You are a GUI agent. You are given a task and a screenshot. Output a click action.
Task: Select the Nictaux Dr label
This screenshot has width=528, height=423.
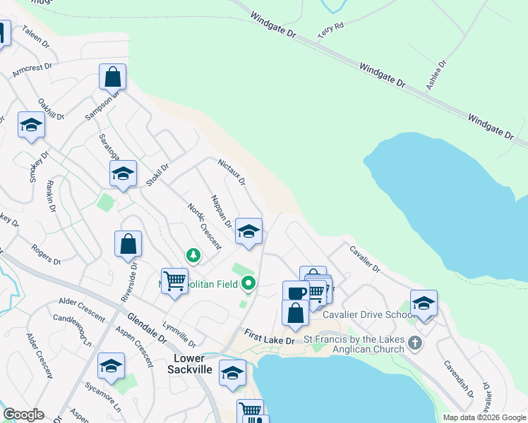(x=231, y=171)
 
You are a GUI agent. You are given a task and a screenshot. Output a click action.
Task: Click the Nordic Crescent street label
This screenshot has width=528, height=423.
(x=204, y=226)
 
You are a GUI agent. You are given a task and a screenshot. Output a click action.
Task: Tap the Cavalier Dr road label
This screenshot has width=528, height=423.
(x=364, y=259)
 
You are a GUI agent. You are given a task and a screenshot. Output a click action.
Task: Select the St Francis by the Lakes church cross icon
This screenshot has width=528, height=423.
(x=415, y=344)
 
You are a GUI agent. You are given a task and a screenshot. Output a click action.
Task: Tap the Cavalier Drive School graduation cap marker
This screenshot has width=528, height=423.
(x=424, y=303)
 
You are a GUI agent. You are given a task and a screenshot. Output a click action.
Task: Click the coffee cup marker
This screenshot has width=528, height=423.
(x=296, y=293)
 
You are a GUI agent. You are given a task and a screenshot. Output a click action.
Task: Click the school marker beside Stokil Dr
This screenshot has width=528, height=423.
(x=123, y=173)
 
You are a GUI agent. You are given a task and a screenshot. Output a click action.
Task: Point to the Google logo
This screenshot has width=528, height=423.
(x=23, y=415)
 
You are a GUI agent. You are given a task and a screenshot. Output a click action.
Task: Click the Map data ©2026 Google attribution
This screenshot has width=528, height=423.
(x=484, y=417)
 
